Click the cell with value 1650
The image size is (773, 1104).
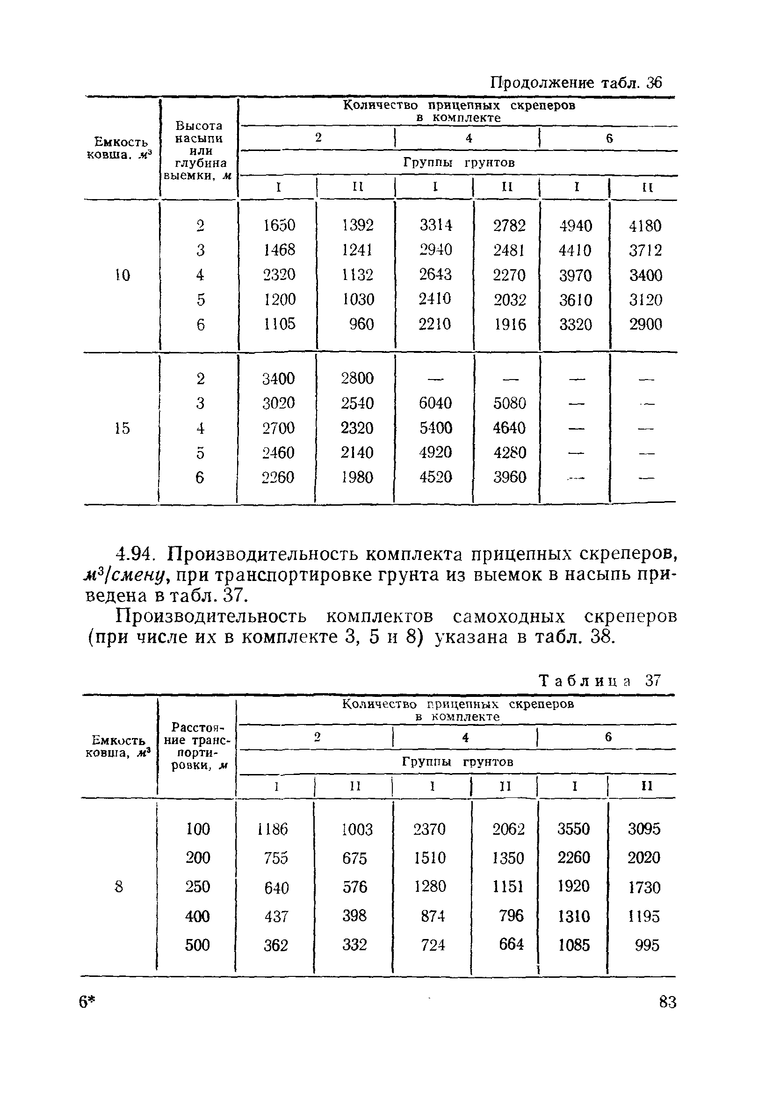tap(279, 225)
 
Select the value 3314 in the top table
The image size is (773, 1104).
tap(435, 225)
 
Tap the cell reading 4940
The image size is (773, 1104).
tap(575, 225)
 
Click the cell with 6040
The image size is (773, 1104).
tap(435, 403)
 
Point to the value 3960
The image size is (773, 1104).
tap(510, 477)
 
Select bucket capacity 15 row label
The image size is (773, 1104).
tap(122, 428)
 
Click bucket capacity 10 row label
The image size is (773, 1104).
tap(122, 275)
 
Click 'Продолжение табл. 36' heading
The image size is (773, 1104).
tap(576, 83)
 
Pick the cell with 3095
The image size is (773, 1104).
tap(644, 829)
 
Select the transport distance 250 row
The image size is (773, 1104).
tap(198, 886)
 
